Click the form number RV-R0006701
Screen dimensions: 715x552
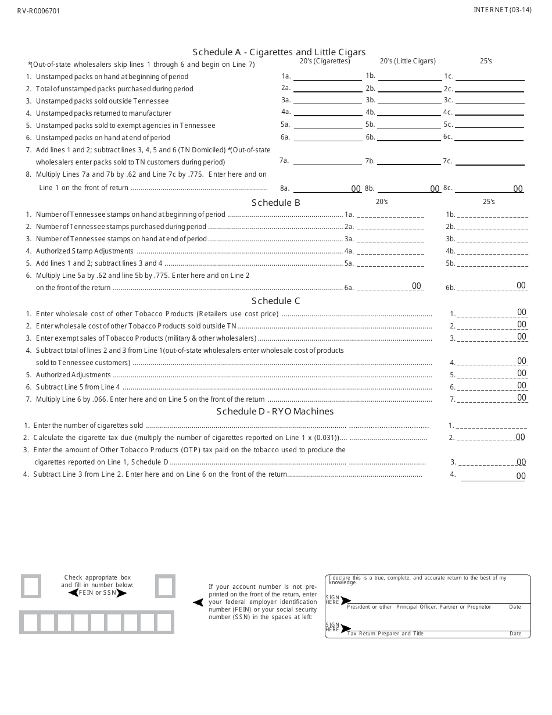(x=38, y=11)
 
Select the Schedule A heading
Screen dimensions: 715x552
(x=279, y=52)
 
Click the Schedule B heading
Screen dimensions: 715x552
(x=275, y=203)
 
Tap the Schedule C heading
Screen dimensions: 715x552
(x=275, y=301)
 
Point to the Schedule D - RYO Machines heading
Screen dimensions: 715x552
(x=275, y=411)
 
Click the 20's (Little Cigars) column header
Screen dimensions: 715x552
(x=407, y=61)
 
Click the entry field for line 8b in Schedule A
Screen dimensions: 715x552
(x=409, y=188)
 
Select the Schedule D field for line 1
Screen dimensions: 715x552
(x=491, y=426)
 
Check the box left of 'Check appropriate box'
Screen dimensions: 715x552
(x=31, y=586)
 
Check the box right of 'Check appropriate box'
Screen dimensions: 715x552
(x=165, y=586)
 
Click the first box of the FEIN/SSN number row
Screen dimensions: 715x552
(x=30, y=623)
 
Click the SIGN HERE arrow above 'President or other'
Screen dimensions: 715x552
(x=346, y=600)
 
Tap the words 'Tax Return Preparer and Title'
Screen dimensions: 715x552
(x=385, y=634)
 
